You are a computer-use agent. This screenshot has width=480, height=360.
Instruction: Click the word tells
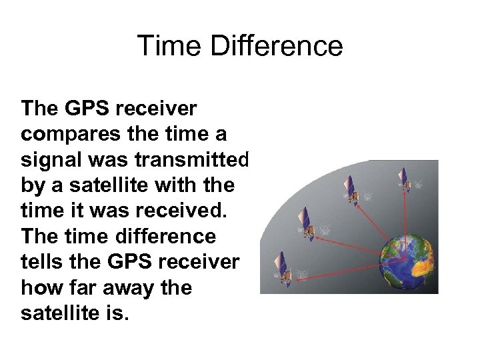tap(43, 262)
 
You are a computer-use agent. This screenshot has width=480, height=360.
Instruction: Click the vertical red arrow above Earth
tap(404, 220)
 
